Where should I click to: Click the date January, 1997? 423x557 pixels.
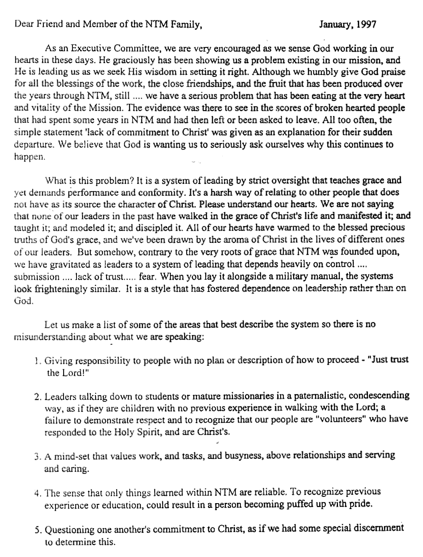click(x=348, y=25)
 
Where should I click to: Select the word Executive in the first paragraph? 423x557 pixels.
click(x=89, y=49)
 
